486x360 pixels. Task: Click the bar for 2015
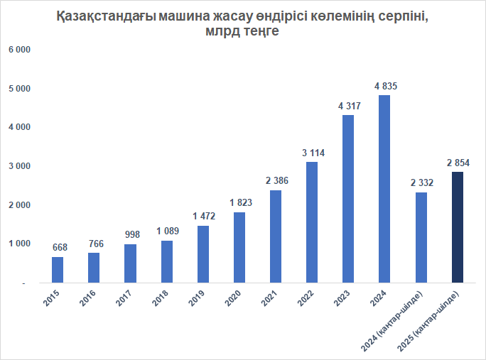tap(58, 270)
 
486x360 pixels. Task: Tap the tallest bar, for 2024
tap(385, 189)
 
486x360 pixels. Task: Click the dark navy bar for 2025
tap(458, 227)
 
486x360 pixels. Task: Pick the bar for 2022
tap(312, 222)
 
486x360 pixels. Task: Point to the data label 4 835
tap(385, 86)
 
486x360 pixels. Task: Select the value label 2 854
tap(458, 163)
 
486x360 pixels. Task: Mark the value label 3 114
tap(312, 153)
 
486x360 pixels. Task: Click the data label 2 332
tap(421, 183)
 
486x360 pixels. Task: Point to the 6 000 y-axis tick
tap(19, 50)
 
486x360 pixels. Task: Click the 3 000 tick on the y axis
tap(19, 166)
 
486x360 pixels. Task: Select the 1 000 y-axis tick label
tap(19, 244)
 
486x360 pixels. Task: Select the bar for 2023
tap(348, 199)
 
